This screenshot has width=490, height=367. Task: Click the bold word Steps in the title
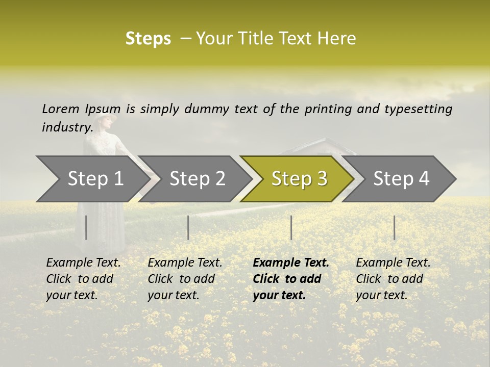tap(148, 39)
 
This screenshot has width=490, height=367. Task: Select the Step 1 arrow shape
tap(92, 179)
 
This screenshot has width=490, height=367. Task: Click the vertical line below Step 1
tap(86, 227)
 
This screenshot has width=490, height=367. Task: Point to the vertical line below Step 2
tap(188, 227)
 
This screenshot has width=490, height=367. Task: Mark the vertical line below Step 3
tap(291, 227)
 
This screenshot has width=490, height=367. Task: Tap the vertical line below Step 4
tap(394, 227)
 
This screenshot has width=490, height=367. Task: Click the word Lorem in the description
tap(61, 109)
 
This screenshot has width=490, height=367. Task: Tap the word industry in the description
tap(67, 127)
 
